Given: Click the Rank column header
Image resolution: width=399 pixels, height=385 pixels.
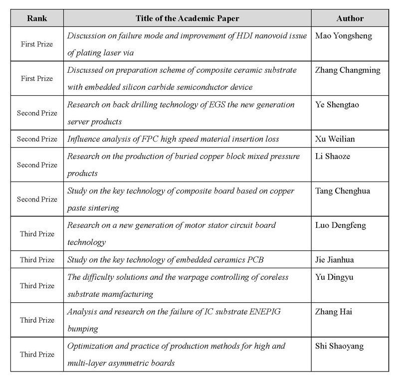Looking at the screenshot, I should tap(37, 18).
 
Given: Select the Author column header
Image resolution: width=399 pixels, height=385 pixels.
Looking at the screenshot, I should tap(350, 18).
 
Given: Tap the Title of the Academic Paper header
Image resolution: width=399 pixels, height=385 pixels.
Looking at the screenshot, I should tap(187, 18).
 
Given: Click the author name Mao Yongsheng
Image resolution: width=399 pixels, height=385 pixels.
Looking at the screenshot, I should tap(344, 36).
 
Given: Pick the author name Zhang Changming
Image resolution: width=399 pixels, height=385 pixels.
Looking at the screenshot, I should tap(348, 70).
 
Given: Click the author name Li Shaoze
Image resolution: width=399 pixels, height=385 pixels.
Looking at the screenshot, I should tap(333, 156).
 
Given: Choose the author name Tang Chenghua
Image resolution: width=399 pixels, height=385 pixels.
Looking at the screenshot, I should tap(343, 191).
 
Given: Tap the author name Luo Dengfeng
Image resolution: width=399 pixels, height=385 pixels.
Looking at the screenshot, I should tap(341, 225).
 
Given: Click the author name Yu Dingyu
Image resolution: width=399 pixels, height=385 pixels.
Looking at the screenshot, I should tap(334, 277).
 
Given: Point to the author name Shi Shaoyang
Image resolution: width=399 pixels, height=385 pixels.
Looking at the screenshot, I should tap(339, 346).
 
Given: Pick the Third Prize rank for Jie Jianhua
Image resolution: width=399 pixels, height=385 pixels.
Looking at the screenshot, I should tap(37, 260).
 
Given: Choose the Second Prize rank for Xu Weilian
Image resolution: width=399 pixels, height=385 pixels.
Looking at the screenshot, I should tap(37, 139).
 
